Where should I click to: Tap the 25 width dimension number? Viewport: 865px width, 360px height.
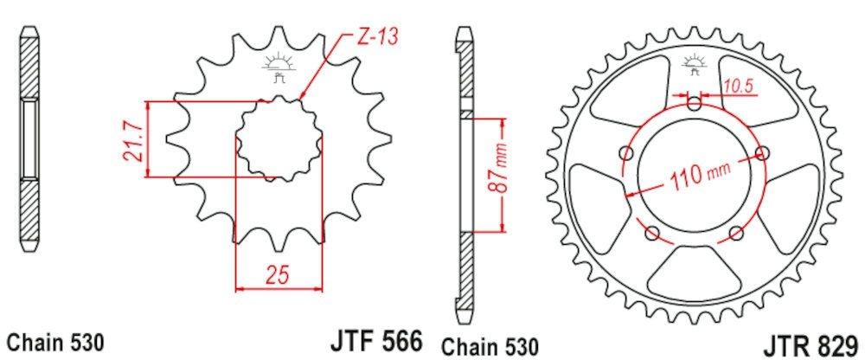[277, 276]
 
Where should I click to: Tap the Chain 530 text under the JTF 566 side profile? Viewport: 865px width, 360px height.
[55, 341]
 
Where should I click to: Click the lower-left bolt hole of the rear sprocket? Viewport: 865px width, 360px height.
[652, 233]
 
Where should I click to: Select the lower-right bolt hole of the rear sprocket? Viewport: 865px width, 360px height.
[736, 233]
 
